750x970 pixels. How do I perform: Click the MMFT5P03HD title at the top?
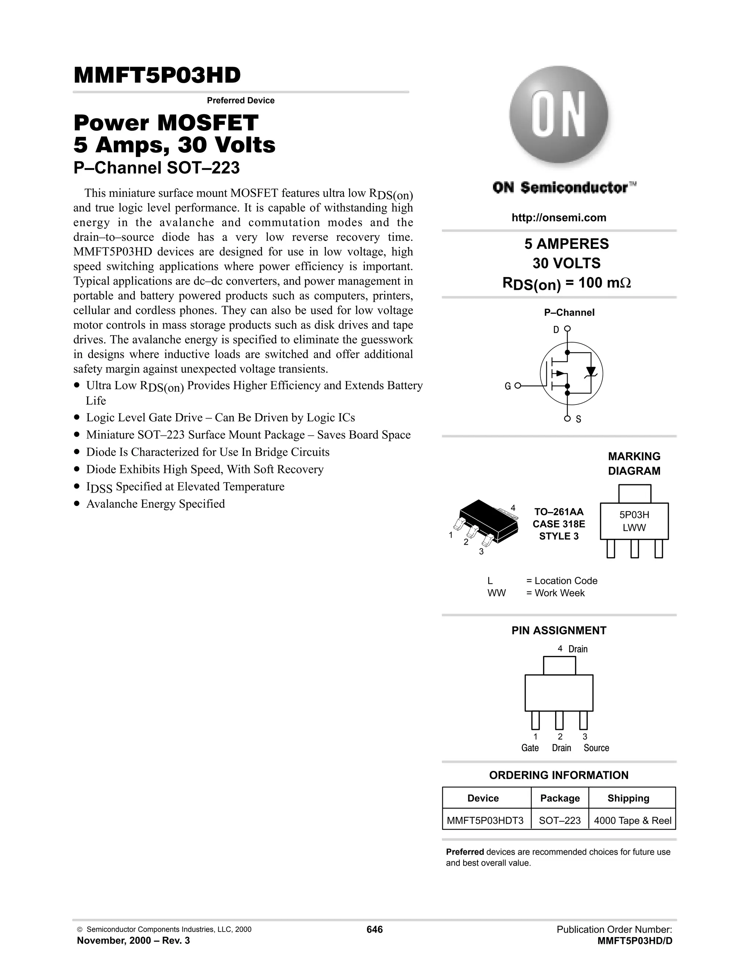click(x=157, y=75)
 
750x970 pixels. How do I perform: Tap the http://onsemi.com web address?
click(x=558, y=218)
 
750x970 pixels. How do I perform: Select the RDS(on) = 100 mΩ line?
click(x=566, y=283)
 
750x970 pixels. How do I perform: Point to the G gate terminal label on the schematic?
click(x=508, y=387)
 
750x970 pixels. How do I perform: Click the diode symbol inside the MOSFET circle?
click(x=590, y=371)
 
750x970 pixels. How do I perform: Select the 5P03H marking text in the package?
click(x=634, y=515)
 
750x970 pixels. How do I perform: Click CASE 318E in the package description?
click(x=558, y=524)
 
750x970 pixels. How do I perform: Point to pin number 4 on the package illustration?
click(x=513, y=508)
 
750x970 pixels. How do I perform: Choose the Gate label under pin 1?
click(x=530, y=748)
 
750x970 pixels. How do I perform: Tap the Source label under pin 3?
click(x=596, y=748)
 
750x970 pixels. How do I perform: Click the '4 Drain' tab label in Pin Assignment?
click(x=573, y=649)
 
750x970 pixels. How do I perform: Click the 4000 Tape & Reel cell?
click(x=632, y=820)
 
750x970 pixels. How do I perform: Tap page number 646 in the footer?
click(x=375, y=930)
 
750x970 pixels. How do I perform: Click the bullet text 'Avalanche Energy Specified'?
click(x=156, y=504)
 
